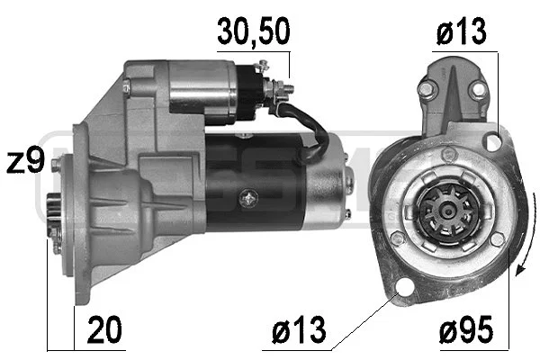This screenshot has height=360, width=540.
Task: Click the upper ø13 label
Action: click(x=462, y=31)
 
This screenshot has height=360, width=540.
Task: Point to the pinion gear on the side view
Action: click(x=54, y=217)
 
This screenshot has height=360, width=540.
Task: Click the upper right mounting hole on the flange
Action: click(x=492, y=142)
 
